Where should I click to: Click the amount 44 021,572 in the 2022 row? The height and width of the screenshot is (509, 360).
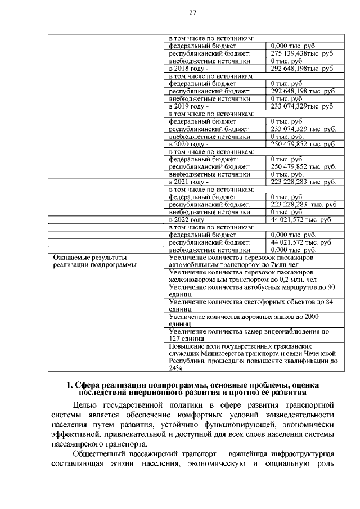[301, 220]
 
